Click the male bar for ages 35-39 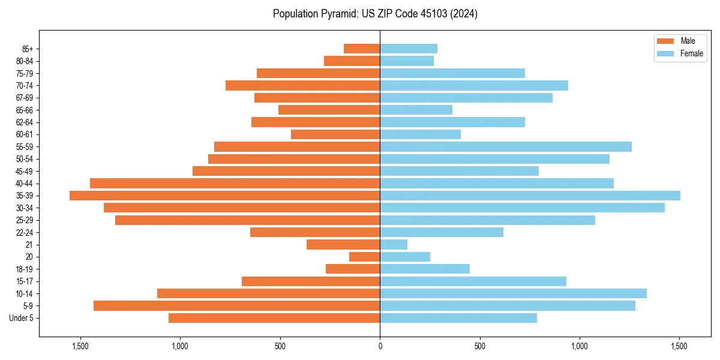[225, 196]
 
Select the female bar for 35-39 [530, 196]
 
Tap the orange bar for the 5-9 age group [237, 305]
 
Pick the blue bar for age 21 [394, 244]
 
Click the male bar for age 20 [365, 257]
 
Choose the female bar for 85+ [409, 49]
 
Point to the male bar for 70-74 [303, 85]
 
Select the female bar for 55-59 [506, 146]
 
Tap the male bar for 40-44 [235, 183]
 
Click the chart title [375, 14]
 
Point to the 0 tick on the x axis [380, 346]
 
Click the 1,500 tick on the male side [80, 346]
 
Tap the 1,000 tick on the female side [580, 346]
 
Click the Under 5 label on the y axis [22, 318]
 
